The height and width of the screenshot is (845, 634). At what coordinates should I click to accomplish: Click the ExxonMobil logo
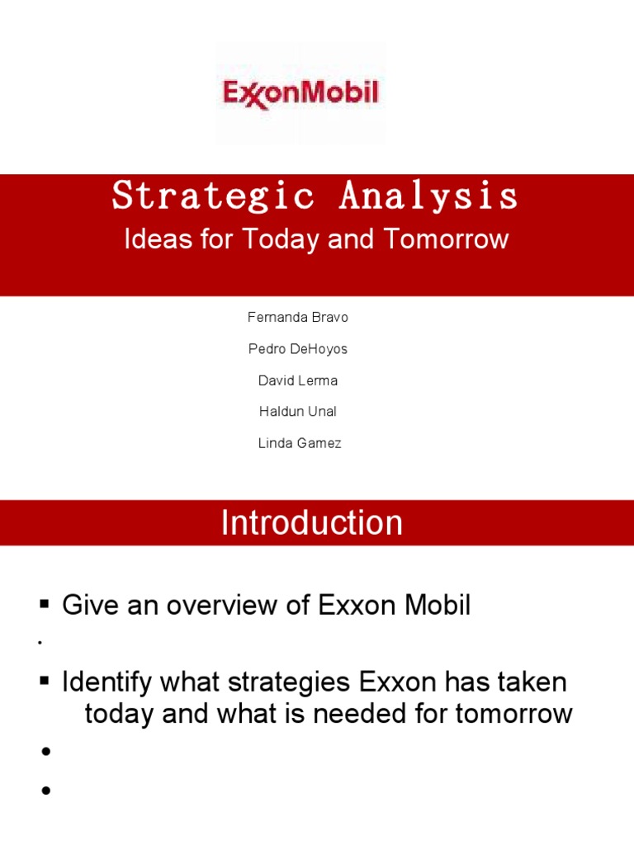(300, 92)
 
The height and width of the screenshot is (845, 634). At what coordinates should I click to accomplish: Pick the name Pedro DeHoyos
(298, 349)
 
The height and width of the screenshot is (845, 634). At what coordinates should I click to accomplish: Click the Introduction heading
(312, 523)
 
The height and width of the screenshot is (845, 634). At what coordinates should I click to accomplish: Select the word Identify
(106, 682)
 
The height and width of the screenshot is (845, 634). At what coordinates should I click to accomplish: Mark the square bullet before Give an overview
(45, 605)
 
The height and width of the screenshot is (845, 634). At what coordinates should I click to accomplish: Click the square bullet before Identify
(45, 682)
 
